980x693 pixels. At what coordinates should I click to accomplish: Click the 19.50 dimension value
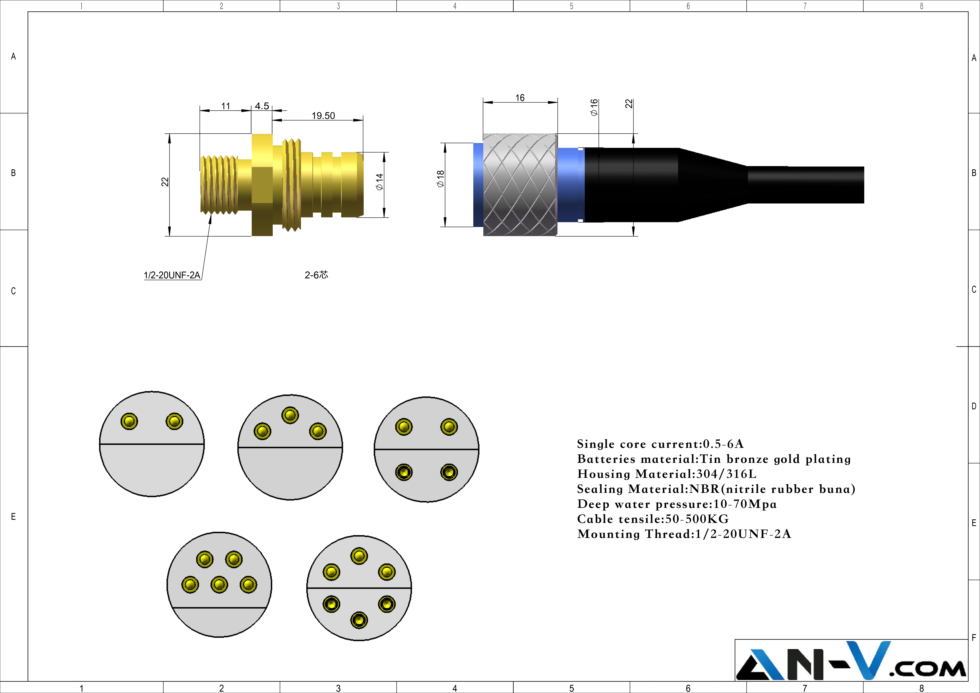pos(323,116)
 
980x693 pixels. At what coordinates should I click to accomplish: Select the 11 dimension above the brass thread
pos(226,106)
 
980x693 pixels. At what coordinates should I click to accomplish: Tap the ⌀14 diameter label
pos(379,182)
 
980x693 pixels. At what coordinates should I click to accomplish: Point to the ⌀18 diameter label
pos(441,178)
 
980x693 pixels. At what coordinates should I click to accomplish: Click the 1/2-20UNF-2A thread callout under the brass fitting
pos(172,275)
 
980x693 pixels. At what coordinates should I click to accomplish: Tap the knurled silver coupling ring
pos(520,185)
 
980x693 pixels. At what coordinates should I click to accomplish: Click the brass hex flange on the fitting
pos(262,185)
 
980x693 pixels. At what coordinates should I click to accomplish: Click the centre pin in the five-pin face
pos(219,584)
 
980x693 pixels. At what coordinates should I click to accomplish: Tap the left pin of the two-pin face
pos(129,421)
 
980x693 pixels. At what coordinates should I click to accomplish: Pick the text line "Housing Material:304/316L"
pos(667,474)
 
